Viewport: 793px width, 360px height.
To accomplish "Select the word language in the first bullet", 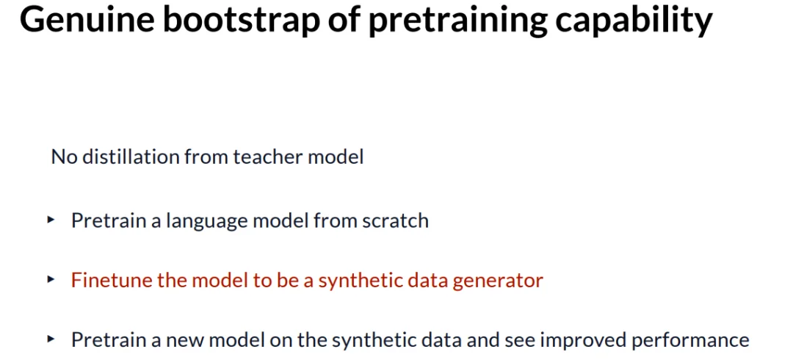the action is click(x=188, y=221).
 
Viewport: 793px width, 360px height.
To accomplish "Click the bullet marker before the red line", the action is click(x=51, y=279).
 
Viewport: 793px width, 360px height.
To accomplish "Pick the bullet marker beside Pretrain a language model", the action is click(x=51, y=220).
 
